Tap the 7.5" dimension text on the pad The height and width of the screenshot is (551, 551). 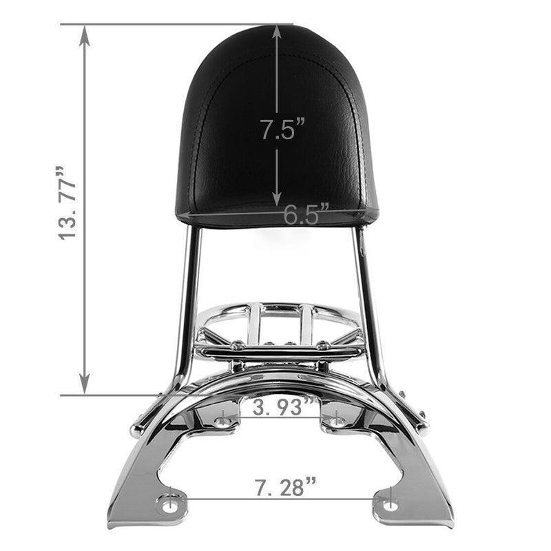point(282,129)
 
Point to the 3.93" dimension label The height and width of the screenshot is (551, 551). point(282,406)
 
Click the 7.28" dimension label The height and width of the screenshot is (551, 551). point(285,487)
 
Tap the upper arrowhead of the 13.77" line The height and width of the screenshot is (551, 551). point(84,37)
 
